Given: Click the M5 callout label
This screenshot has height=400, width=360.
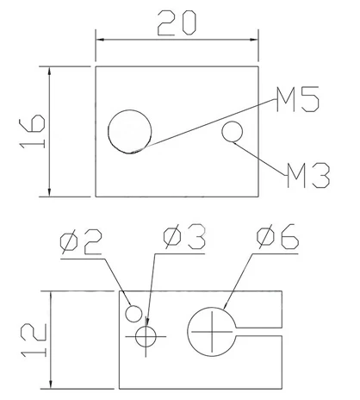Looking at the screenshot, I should coord(298,102).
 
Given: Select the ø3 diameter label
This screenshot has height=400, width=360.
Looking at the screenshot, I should coord(183,238).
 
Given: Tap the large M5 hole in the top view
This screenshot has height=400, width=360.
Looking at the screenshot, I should coord(130,131).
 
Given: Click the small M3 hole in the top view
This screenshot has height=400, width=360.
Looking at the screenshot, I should coord(233,131).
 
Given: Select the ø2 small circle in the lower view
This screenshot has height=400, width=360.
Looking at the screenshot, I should coord(134,311).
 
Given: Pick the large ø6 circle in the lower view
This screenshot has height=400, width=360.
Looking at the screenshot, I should coord(211,330).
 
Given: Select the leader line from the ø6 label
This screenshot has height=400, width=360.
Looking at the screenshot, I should coord(243,278).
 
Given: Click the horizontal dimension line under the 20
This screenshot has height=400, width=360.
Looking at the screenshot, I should coord(177,40).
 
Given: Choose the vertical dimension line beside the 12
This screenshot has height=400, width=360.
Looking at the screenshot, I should coord(53,341).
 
